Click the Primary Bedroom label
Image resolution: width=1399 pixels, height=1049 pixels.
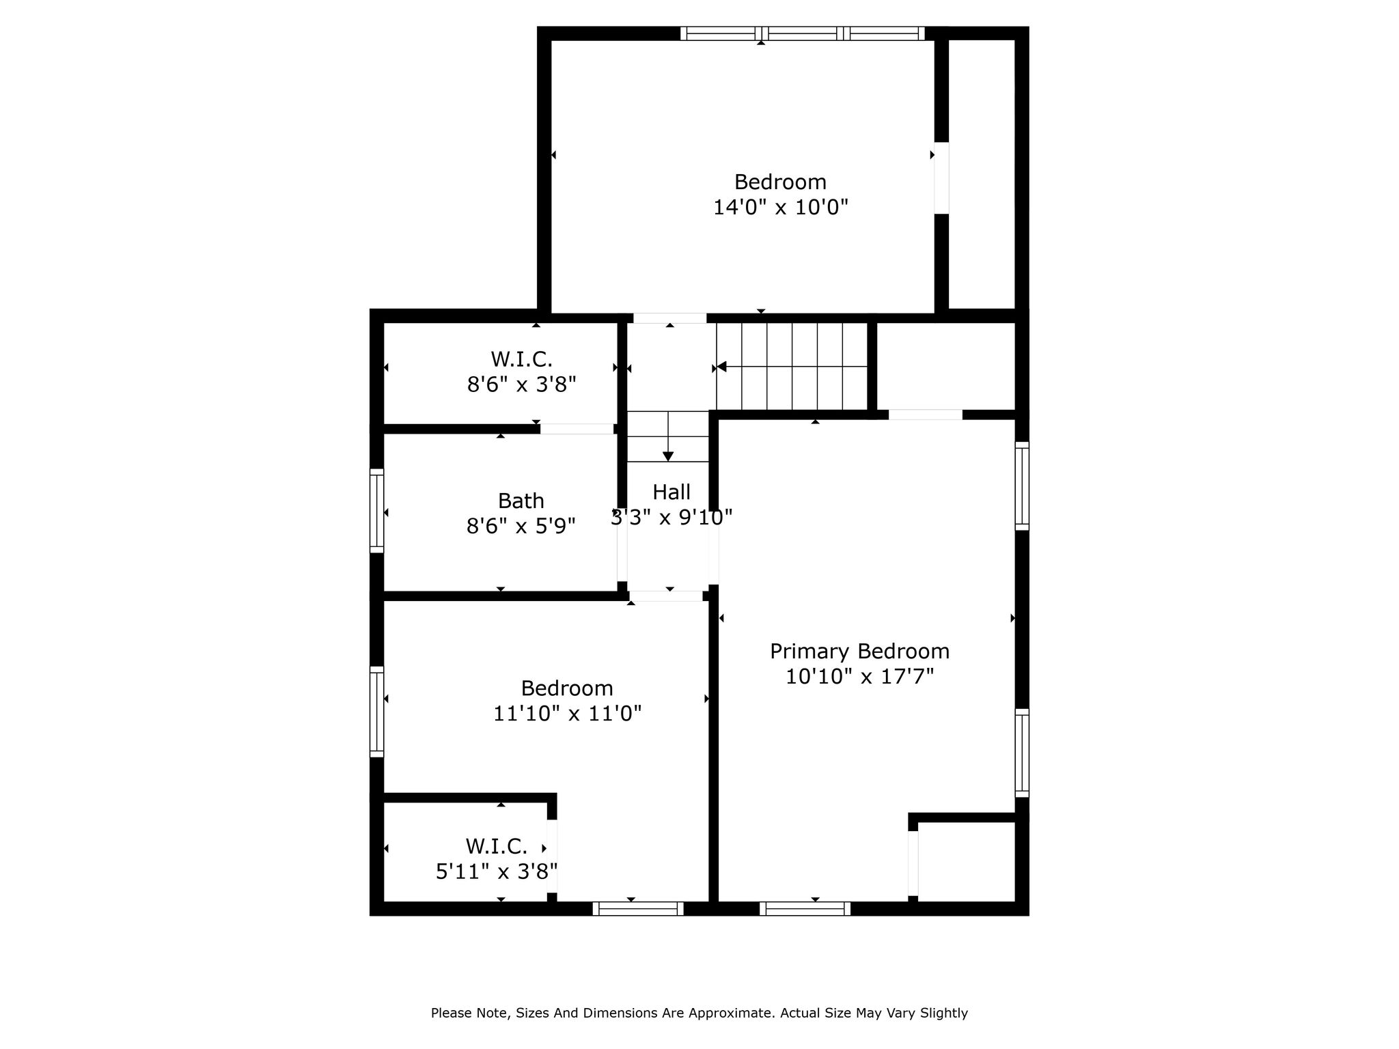pyautogui.click(x=859, y=652)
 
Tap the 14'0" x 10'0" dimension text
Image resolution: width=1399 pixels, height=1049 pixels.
pyautogui.click(x=781, y=207)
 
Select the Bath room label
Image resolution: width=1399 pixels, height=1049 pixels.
pyautogui.click(x=521, y=501)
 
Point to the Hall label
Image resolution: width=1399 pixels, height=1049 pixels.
pyautogui.click(x=671, y=492)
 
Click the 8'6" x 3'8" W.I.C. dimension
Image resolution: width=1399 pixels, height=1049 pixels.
pyautogui.click(x=522, y=384)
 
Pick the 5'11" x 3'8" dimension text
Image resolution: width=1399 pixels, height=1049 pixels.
pyautogui.click(x=497, y=871)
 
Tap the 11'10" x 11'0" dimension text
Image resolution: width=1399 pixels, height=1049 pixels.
pyautogui.click(x=568, y=714)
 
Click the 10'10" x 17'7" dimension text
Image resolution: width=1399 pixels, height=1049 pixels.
pyautogui.click(x=859, y=677)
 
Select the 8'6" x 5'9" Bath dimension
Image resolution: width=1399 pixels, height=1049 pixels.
pyautogui.click(x=521, y=527)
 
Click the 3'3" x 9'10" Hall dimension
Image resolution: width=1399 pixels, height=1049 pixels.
pyautogui.click(x=671, y=518)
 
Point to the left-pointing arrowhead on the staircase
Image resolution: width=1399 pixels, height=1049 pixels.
pyautogui.click(x=721, y=367)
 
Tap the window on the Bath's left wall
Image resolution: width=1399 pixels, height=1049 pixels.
pyautogui.click(x=376, y=510)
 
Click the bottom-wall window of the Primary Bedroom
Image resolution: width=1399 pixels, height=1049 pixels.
pyautogui.click(x=805, y=908)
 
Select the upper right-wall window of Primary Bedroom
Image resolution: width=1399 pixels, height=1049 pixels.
pyautogui.click(x=1022, y=486)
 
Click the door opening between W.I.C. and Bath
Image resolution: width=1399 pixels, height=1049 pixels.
pyautogui.click(x=577, y=429)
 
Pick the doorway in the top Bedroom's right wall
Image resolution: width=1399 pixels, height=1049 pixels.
pyautogui.click(x=941, y=178)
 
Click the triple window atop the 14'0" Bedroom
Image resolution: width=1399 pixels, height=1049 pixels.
pyautogui.click(x=803, y=33)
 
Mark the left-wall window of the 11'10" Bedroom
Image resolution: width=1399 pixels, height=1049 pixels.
pyautogui.click(x=376, y=712)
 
